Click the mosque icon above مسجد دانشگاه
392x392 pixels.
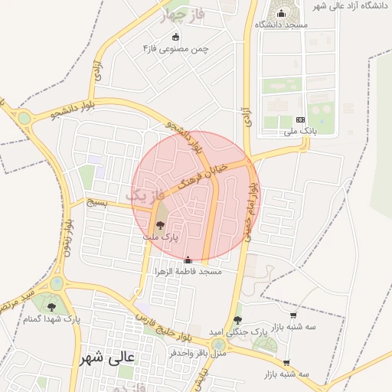(281, 13)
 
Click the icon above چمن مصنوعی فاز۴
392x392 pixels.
(176, 37)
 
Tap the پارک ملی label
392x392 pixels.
(299, 131)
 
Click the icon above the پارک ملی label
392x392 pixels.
(299, 119)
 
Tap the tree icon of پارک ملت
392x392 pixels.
(160, 225)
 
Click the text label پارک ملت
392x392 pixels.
(159, 237)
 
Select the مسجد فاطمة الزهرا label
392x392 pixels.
(188, 272)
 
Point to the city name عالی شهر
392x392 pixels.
(106, 357)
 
